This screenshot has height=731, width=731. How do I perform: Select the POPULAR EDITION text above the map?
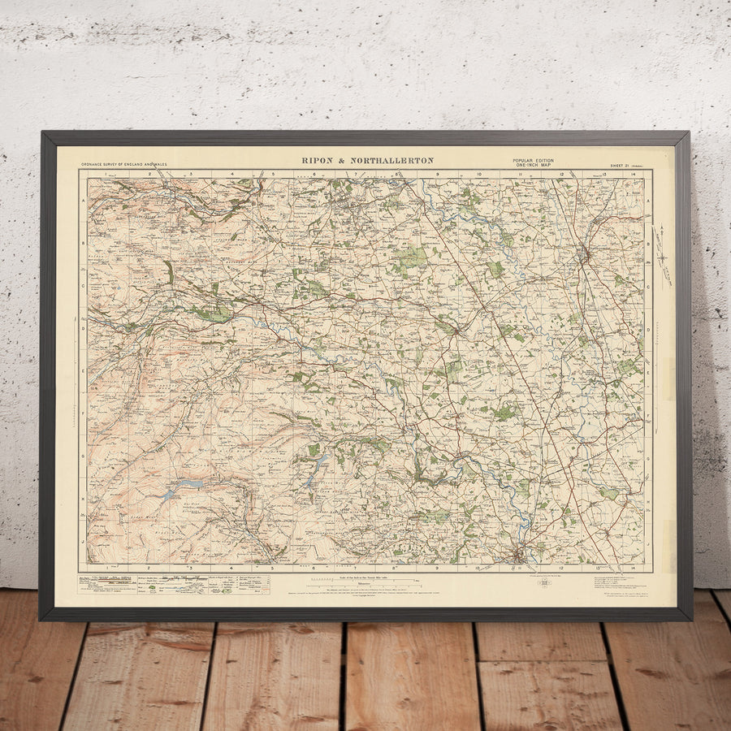pos(533,161)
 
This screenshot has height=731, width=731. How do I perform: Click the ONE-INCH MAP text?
pos(533,166)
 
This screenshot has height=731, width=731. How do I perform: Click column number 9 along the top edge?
pos(437,174)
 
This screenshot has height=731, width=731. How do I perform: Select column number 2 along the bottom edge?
pos(149,568)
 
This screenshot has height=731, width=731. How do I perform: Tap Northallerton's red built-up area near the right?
pos(584,255)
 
